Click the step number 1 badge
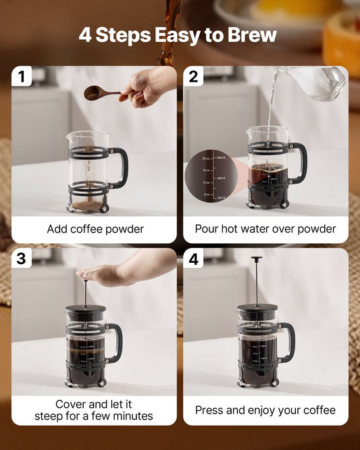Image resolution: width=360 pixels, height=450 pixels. pyautogui.click(x=22, y=76)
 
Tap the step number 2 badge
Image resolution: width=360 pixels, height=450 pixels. pyautogui.click(x=194, y=76)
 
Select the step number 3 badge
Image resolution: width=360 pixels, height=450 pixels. pyautogui.click(x=22, y=259)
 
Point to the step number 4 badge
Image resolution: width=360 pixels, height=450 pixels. pyautogui.click(x=194, y=259)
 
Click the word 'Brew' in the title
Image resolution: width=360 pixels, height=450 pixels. pyautogui.click(x=251, y=34)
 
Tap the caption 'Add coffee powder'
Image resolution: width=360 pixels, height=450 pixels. pyautogui.click(x=95, y=229)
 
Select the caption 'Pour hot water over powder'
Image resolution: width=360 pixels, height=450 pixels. pyautogui.click(x=265, y=229)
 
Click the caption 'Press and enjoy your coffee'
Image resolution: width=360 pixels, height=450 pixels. pyautogui.click(x=265, y=410)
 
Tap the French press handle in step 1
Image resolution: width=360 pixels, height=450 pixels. pyautogui.click(x=121, y=167)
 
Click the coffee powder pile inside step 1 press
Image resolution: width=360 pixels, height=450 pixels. pyautogui.click(x=88, y=204)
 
